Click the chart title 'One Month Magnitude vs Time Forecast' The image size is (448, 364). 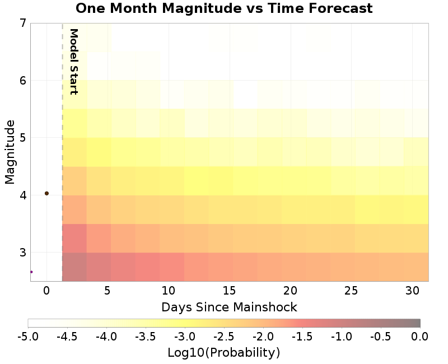pos(224,8)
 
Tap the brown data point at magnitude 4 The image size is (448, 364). pos(46,193)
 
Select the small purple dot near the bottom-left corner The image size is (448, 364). pos(31,272)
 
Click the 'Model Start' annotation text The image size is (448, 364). pos(73,62)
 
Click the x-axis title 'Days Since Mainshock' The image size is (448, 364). pos(229,307)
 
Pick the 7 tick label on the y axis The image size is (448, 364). pos(22,24)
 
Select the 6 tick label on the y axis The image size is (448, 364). pos(22,81)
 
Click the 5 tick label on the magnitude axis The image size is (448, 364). pos(22,138)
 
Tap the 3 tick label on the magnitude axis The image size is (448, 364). pos(22,253)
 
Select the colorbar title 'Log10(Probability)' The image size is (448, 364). pos(223,353)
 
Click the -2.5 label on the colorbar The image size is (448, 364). pos(223,337)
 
